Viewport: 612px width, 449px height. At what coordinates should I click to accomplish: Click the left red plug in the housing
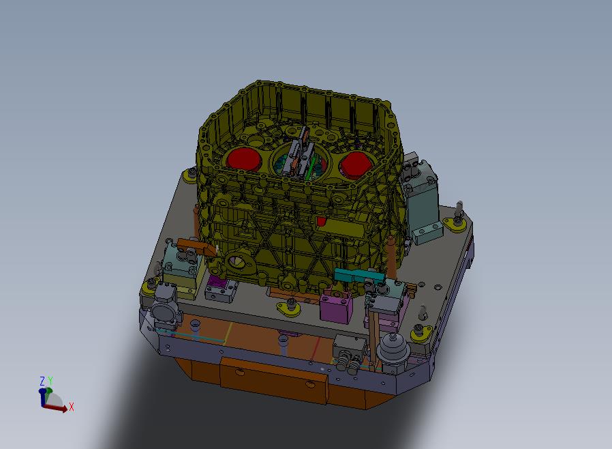(x=243, y=159)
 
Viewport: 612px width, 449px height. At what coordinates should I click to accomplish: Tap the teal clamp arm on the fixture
(x=354, y=276)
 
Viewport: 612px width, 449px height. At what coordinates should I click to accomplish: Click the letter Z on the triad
(x=42, y=381)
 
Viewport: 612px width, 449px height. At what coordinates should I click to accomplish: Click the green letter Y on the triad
(x=50, y=381)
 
